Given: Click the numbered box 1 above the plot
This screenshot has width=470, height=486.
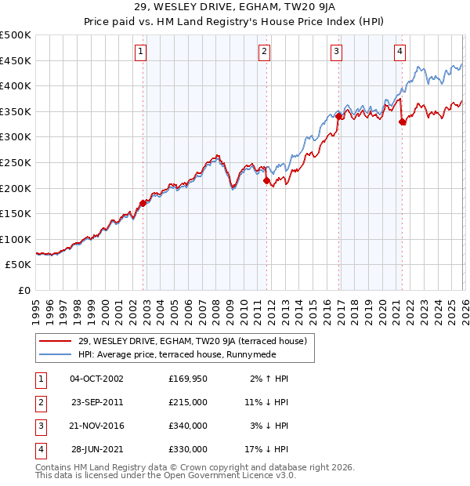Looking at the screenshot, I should coord(140,52).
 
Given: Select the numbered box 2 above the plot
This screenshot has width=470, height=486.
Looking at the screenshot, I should coord(264,52).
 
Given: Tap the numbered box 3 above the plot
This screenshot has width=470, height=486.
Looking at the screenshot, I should coord(336,52).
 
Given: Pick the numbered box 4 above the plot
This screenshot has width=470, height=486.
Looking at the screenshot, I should coord(399,52).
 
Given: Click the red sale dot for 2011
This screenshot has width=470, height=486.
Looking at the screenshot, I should coord(266,180).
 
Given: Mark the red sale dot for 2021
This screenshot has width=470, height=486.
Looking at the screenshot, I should coord(402,121).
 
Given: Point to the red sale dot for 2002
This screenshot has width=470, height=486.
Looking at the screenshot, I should coord(143,203).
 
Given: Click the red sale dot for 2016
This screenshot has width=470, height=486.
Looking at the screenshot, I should coord(338,116).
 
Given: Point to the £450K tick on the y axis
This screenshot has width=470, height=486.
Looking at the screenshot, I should coord(16,60).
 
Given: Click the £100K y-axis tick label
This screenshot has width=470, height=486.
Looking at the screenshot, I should coord(16,239).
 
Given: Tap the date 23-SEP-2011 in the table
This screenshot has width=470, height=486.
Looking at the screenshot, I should coord(96,401).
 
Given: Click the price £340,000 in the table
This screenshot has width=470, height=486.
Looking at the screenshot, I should coord(187,425).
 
